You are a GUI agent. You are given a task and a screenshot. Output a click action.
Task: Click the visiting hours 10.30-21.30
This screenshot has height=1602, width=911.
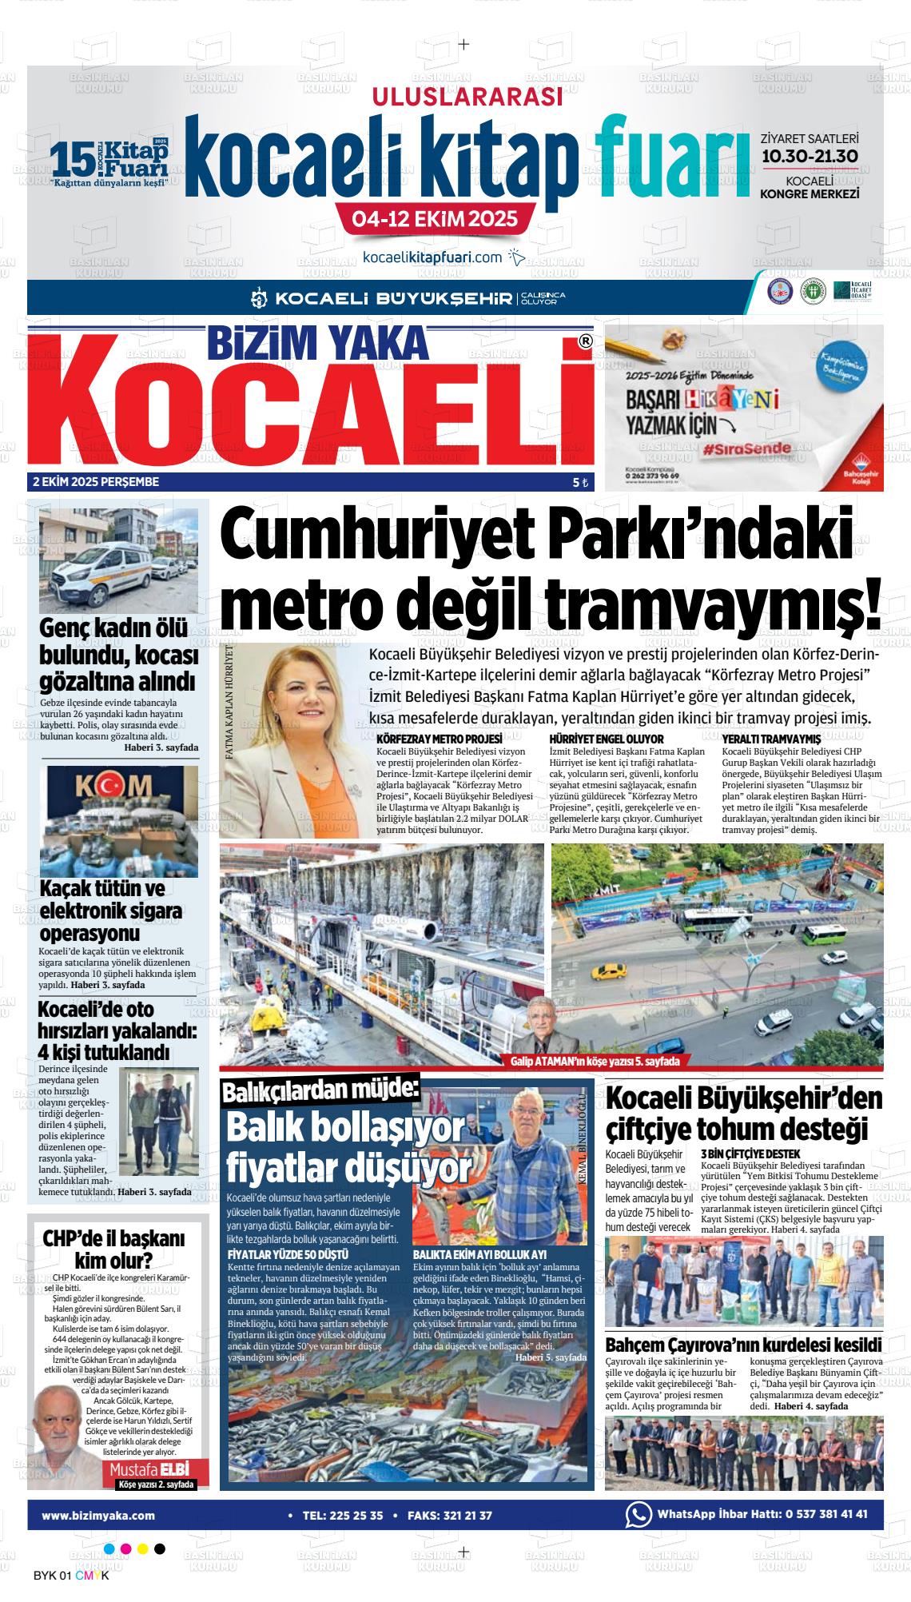[x=809, y=156]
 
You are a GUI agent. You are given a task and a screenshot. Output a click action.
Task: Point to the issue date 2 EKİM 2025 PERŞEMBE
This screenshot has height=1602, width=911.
[x=96, y=482]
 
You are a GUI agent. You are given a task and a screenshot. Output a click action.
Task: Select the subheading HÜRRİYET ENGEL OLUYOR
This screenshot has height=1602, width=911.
[x=607, y=739]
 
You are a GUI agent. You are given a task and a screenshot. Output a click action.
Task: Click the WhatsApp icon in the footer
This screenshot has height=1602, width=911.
[x=638, y=1513]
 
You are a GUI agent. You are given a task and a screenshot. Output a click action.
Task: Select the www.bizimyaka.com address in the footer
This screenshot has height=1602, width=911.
[x=98, y=1515]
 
